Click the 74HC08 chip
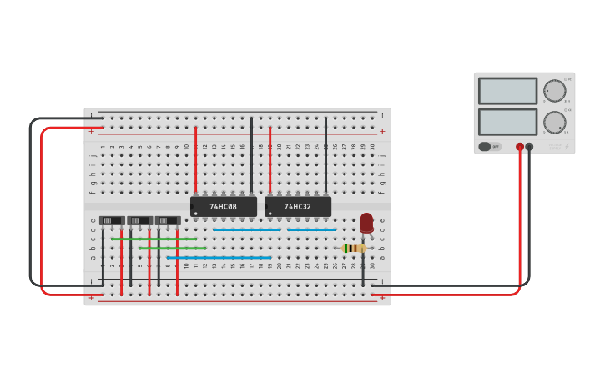tap(224, 206)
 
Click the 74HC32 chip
tap(298, 206)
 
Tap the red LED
tap(366, 223)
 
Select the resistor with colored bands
tap(354, 248)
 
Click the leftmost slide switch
tap(112, 221)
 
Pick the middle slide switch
tap(139, 221)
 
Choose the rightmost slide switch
tap(168, 221)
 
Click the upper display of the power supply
tap(507, 91)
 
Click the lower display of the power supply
tap(507, 121)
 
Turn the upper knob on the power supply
tap(554, 91)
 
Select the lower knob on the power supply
tap(554, 122)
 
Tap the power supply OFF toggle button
tap(490, 147)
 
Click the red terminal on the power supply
tap(520, 147)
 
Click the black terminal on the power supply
tap(529, 147)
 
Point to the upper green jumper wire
tap(154, 239)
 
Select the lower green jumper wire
tap(171, 248)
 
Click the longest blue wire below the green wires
tap(219, 257)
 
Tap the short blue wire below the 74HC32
tap(311, 229)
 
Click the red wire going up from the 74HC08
tap(196, 159)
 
